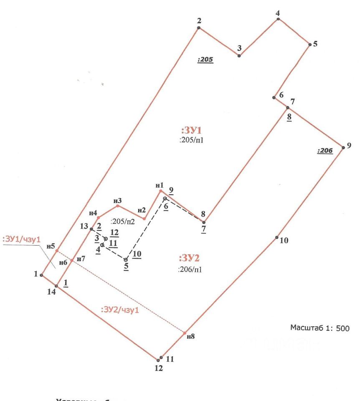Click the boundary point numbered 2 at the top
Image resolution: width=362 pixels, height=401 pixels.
(x=199, y=28)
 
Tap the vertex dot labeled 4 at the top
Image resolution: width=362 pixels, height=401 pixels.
(x=278, y=19)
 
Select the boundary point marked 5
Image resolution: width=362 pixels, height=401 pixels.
(x=309, y=44)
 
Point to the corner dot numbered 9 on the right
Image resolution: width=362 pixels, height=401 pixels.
(x=343, y=147)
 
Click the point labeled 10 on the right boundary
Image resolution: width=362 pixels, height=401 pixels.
(x=277, y=238)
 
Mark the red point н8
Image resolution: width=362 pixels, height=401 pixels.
(x=185, y=333)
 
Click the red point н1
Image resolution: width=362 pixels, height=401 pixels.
(x=160, y=191)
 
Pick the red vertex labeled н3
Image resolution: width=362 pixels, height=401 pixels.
(x=118, y=206)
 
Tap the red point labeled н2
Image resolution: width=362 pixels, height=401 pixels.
(x=144, y=218)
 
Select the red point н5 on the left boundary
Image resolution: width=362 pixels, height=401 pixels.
(x=57, y=251)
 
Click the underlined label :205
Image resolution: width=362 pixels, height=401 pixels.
(x=205, y=60)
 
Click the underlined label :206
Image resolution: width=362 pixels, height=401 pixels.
(x=325, y=151)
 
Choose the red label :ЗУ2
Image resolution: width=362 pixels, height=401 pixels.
(x=192, y=257)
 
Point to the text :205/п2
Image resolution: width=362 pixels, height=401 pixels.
(x=123, y=221)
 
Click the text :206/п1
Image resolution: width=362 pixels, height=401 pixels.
(x=190, y=269)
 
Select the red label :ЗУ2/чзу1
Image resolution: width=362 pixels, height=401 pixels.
(x=120, y=310)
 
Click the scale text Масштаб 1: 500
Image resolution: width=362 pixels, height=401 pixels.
(x=319, y=328)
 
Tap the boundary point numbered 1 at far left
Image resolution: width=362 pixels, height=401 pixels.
(x=41, y=275)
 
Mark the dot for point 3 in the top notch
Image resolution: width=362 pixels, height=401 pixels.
(x=239, y=56)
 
